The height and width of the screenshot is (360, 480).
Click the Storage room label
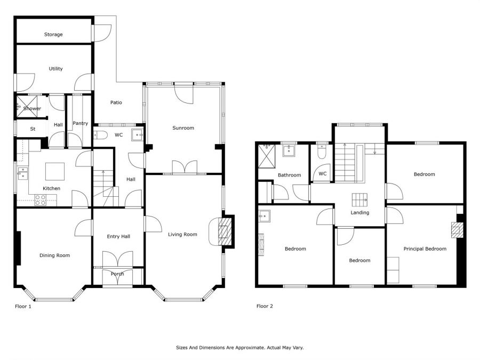53,35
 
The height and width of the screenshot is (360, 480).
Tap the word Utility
55,69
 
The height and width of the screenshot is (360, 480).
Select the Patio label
116,102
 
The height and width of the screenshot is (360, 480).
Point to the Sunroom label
183,128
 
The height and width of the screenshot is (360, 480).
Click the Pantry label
80,123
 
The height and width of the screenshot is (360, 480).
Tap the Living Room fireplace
225,231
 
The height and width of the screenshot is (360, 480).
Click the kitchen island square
55,171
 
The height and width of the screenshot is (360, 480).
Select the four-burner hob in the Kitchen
41,200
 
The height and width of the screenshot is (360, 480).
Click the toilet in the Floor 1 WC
100,135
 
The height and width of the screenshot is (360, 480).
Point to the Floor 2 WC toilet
322,152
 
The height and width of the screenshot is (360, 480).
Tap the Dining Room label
54,255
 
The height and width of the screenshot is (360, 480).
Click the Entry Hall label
118,237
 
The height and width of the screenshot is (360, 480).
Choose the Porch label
117,274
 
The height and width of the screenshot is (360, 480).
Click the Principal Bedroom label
425,249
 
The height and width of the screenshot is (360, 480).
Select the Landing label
359,213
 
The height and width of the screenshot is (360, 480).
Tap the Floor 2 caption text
265,306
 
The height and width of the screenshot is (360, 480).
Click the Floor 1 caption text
23,306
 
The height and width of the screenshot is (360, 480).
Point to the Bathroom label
289,175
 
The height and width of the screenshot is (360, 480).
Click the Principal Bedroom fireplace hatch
457,230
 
